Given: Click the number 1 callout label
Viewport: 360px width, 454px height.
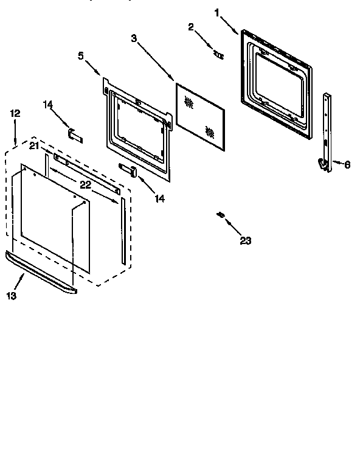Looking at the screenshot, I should [x=218, y=11].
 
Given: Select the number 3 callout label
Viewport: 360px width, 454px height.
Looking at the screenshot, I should [x=134, y=38].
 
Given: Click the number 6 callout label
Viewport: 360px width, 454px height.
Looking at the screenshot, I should [x=347, y=164].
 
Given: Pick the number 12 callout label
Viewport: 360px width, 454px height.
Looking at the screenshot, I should [x=15, y=113].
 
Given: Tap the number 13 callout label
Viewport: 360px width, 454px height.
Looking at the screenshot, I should [x=12, y=296].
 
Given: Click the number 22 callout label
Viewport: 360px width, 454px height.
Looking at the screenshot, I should [x=85, y=184].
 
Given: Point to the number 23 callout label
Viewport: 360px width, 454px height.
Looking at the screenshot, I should [x=245, y=240].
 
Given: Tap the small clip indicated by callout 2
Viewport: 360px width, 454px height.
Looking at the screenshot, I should [x=218, y=54].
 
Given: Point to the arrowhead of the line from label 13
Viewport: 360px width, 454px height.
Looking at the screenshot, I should [x=24, y=274].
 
